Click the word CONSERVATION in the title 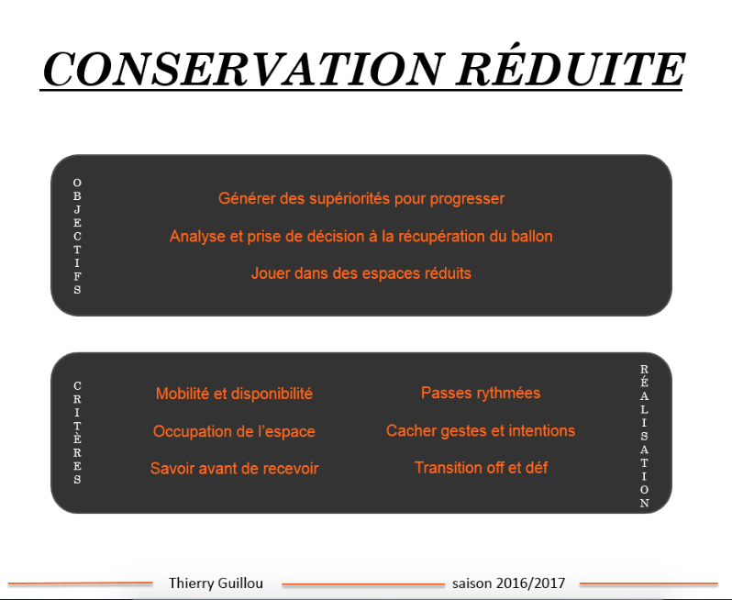click(242, 69)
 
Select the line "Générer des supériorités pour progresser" click(361, 198)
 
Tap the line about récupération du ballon click(360, 237)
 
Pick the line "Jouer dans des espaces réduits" click(360, 273)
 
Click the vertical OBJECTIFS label click(77, 237)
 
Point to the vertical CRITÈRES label click(77, 432)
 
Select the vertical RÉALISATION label click(644, 436)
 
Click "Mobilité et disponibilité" click(234, 394)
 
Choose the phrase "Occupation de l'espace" click(234, 431)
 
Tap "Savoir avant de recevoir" click(234, 468)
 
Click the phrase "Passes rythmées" click(481, 394)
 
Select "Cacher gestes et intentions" click(481, 430)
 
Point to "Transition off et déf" click(481, 467)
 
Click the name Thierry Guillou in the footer click(216, 583)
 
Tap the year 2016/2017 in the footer click(530, 583)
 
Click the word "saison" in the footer click(472, 583)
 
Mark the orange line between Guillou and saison click(363, 584)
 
